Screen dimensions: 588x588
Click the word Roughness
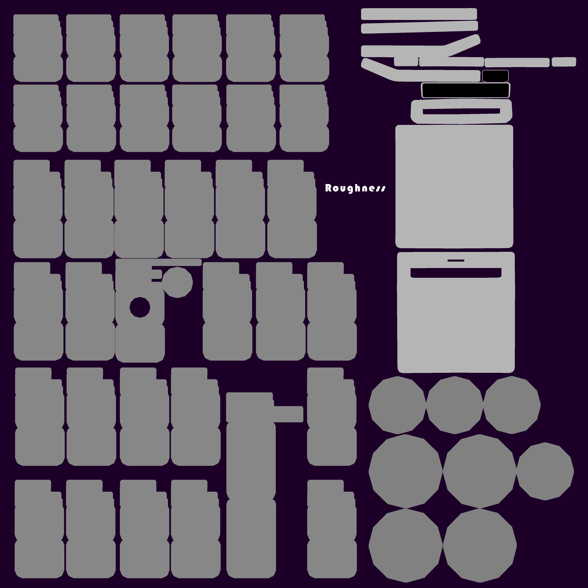(x=355, y=188)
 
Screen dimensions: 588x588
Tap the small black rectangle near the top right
(x=495, y=76)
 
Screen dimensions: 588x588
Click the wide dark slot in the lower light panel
(x=456, y=273)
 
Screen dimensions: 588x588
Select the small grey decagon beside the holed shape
(x=177, y=282)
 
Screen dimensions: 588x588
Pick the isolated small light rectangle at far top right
(x=564, y=62)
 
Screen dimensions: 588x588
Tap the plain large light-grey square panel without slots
(x=454, y=186)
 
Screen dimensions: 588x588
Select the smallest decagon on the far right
(x=545, y=471)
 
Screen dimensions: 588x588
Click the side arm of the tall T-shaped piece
(x=289, y=414)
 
